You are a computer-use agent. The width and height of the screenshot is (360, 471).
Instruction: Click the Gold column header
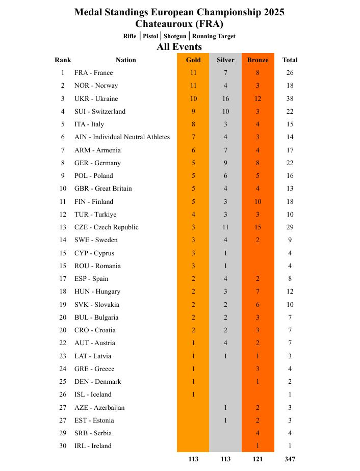[193, 60]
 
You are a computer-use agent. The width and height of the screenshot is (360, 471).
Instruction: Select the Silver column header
[225, 60]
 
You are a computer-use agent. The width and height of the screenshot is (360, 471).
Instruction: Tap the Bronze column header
[258, 60]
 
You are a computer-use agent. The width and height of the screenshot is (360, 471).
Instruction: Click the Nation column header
[125, 60]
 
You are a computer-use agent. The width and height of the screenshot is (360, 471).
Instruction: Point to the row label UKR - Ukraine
[96, 99]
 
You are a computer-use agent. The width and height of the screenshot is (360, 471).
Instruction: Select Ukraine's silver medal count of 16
[225, 99]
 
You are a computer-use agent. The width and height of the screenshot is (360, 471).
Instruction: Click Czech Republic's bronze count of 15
[258, 227]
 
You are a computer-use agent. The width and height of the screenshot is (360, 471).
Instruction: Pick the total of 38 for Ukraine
[290, 99]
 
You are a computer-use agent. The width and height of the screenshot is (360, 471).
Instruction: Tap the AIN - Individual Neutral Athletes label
[122, 137]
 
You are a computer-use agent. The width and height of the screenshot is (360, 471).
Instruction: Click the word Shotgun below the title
[175, 36]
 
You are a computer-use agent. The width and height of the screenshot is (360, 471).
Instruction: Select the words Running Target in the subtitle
[214, 36]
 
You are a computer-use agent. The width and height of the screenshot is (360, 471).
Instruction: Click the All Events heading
[179, 47]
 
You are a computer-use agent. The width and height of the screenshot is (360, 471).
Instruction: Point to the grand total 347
[290, 459]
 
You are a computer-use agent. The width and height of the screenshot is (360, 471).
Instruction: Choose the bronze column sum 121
[258, 459]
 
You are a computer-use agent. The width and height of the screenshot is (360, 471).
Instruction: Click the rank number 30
[63, 446]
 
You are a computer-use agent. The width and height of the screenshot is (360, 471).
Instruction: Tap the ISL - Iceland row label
[93, 395]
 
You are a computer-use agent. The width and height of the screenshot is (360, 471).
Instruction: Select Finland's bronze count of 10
[258, 202]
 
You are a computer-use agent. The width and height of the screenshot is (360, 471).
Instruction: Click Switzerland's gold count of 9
[193, 112]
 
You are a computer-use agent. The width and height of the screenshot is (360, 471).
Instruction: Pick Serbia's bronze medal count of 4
[258, 433]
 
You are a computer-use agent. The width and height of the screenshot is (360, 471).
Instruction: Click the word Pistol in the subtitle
[150, 36]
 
